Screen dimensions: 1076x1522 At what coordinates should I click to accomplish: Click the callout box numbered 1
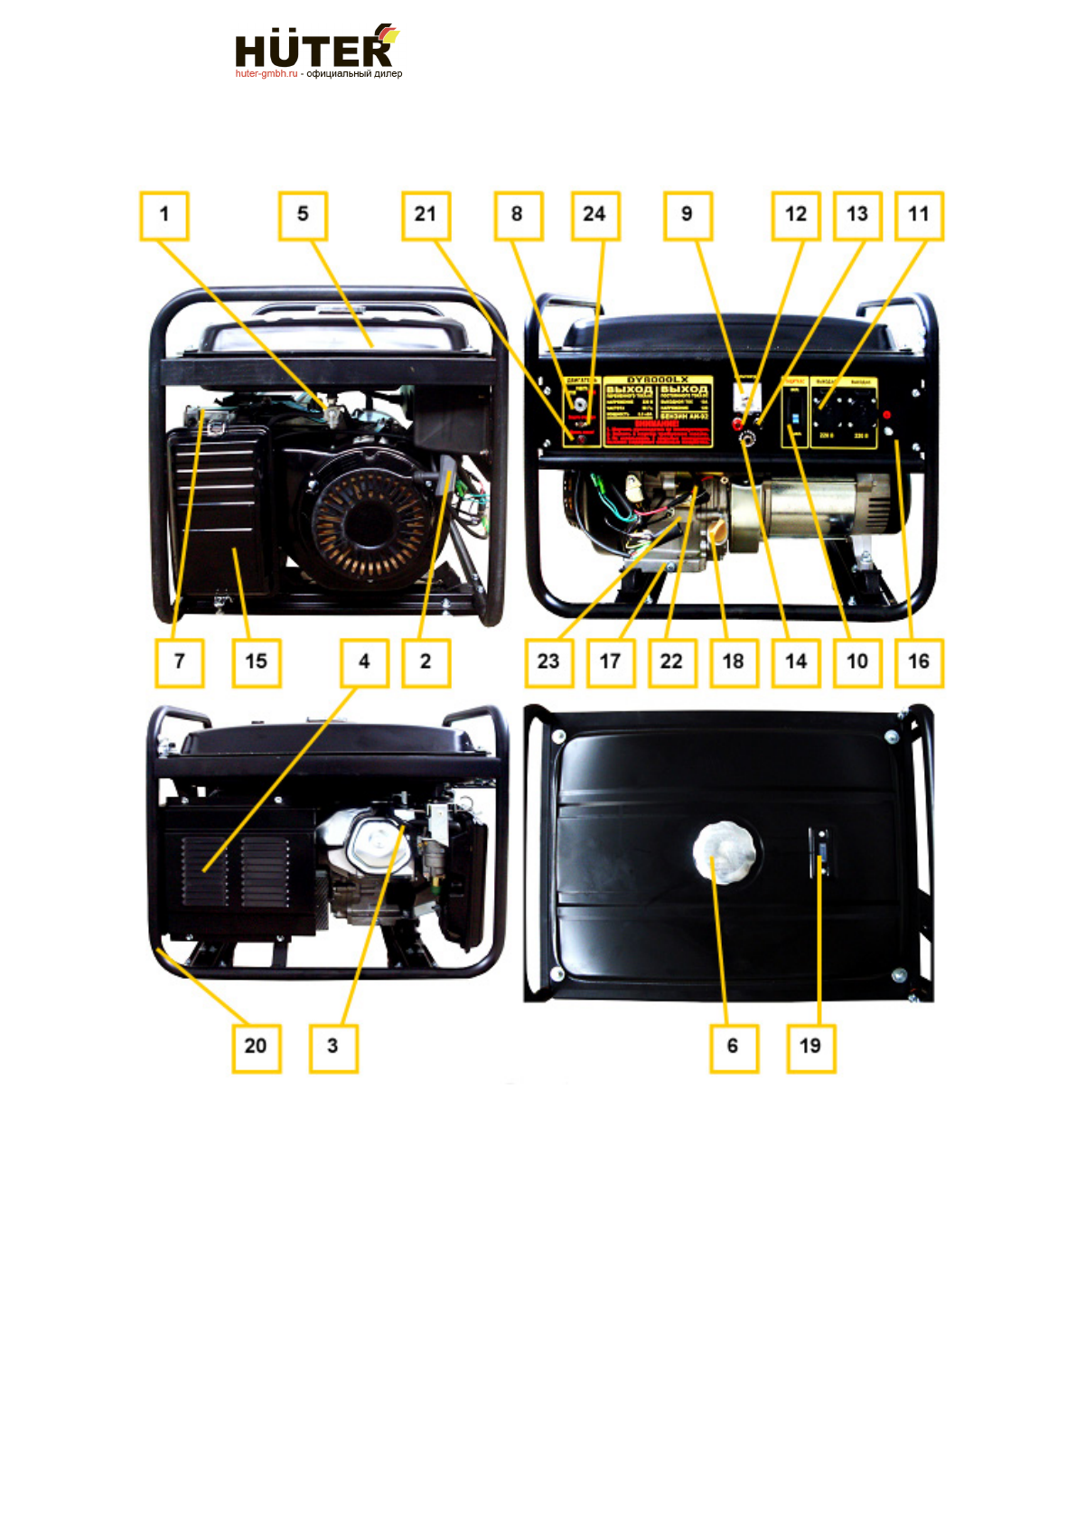coord(164,215)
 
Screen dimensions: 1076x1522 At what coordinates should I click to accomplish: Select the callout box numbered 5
coord(303,215)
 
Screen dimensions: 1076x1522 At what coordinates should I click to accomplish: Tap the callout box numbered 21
coord(426,215)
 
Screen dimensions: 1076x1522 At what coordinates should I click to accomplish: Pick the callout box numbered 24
coord(594,215)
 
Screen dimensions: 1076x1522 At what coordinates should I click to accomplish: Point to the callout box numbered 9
coord(688,215)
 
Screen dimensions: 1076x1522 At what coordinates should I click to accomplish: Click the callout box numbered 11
coord(919,215)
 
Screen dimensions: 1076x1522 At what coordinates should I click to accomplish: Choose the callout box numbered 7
coord(179,662)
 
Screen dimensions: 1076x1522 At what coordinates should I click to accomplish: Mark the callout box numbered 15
coord(257,662)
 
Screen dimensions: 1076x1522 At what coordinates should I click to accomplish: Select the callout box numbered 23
coord(548,662)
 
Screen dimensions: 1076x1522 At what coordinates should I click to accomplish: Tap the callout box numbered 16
coord(919,662)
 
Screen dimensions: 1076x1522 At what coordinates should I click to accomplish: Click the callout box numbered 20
coord(256,1047)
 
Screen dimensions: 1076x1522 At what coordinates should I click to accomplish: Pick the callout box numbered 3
coord(333,1047)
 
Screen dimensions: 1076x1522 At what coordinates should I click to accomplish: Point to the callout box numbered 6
coord(733,1047)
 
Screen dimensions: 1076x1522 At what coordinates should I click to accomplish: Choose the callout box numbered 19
coord(810,1047)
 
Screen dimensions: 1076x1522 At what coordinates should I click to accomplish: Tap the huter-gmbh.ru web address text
coord(267,74)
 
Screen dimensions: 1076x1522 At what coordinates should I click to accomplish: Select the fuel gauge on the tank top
coord(821,852)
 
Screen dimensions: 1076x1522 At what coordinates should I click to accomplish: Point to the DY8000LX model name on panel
coord(658,380)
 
